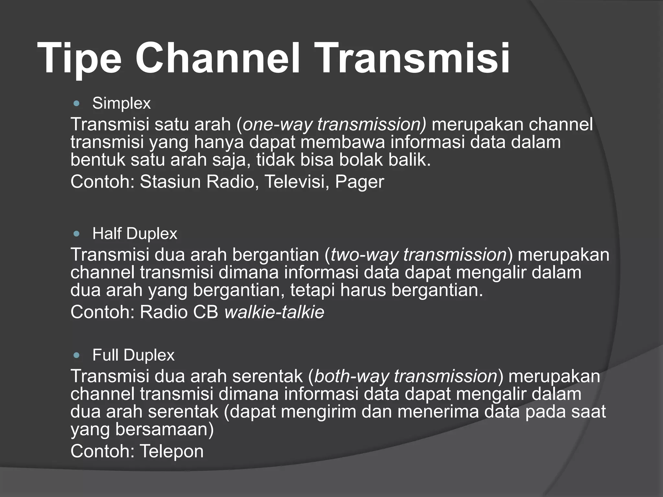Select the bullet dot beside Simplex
coord(76,104)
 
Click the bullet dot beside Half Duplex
coord(76,234)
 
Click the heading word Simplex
coord(121,104)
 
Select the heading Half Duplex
coord(135,234)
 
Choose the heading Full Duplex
coord(133,355)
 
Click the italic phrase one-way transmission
coord(334,124)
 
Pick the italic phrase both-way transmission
coord(406,376)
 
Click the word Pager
coord(359,182)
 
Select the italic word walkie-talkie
coord(274,312)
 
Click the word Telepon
coord(172,451)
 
